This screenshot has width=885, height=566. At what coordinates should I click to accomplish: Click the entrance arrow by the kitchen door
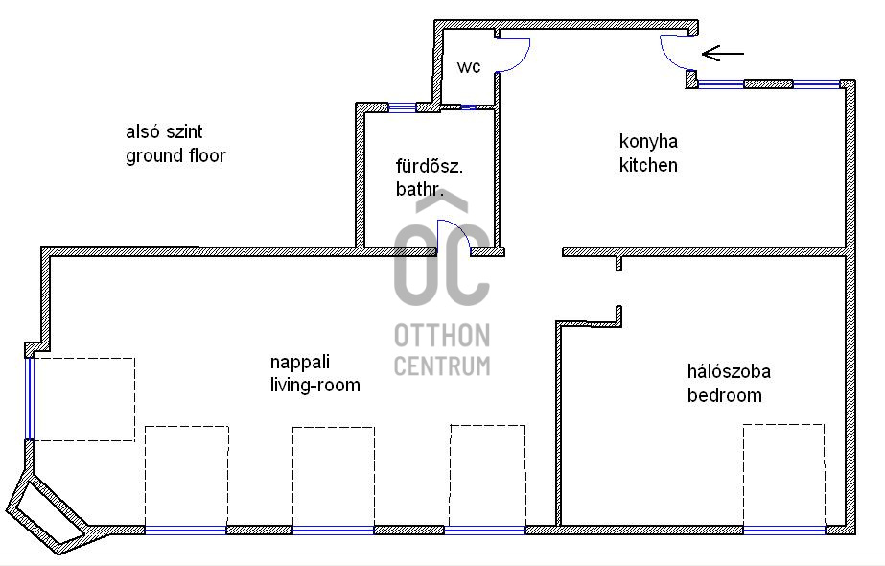[723, 54]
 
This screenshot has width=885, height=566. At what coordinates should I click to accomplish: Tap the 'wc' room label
[469, 67]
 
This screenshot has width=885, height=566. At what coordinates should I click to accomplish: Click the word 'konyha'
[648, 142]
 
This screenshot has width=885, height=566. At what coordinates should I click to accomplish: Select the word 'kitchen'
[648, 165]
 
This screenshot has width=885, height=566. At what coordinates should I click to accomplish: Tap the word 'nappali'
[299, 363]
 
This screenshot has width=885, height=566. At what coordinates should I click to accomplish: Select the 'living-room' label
[314, 386]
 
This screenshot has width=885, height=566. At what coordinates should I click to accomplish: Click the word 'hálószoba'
[729, 371]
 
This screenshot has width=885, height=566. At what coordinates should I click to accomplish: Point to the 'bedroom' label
[724, 395]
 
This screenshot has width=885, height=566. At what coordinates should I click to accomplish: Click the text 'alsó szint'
[165, 131]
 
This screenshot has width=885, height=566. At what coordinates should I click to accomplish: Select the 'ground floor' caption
[175, 155]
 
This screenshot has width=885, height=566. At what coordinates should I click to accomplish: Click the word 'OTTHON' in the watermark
[442, 336]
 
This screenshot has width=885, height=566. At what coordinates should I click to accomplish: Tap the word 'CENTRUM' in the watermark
[442, 366]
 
